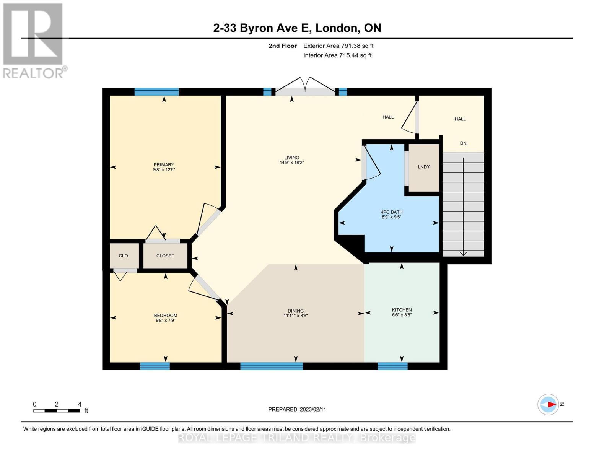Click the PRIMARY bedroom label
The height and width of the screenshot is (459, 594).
coord(164,165)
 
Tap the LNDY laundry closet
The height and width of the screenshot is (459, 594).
coord(424,168)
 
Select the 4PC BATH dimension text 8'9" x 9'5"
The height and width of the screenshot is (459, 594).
coord(391,217)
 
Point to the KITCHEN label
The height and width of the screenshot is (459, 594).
coord(402,310)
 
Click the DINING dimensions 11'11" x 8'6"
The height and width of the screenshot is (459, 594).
coord(296,316)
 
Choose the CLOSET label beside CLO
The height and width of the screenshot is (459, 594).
coord(165,256)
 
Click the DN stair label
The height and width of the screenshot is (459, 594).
coord(463,143)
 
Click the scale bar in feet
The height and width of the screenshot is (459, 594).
coord(57,410)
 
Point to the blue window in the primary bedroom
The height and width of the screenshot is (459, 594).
coord(156,91)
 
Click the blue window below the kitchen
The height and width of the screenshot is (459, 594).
coord(392,366)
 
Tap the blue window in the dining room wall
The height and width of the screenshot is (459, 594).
coord(272,366)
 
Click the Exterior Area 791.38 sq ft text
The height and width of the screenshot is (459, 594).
coord(338,46)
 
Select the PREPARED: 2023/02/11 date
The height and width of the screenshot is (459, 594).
coord(297,410)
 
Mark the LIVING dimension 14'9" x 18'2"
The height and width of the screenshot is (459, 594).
coord(292,163)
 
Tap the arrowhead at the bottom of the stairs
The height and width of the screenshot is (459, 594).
coord(463,254)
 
